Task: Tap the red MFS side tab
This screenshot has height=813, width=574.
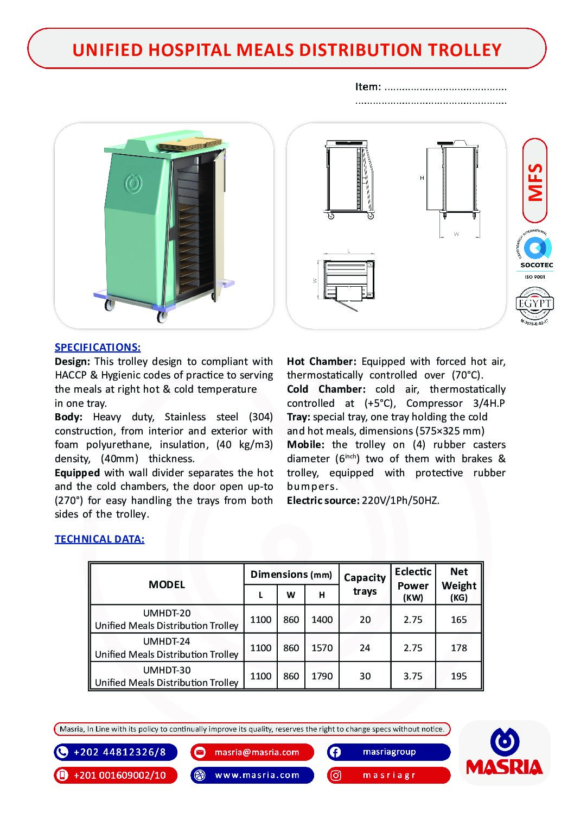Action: click(535, 181)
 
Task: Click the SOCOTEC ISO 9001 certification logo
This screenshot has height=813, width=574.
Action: click(535, 254)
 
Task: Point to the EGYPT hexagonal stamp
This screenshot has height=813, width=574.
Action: click(534, 305)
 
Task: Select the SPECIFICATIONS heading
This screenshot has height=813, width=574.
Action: click(98, 348)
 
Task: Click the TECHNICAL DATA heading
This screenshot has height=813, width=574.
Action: click(99, 539)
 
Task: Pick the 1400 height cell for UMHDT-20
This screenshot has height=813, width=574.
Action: click(322, 620)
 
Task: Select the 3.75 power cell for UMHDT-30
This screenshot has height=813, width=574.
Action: click(413, 676)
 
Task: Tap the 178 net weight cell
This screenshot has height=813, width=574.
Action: click(458, 648)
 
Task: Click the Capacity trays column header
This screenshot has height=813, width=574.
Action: click(365, 584)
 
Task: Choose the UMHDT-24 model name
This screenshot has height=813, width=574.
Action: click(167, 641)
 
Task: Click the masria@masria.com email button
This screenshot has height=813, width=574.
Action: click(252, 752)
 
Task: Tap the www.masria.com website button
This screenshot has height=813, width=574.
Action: click(252, 775)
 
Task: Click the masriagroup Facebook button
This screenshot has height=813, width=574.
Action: click(388, 752)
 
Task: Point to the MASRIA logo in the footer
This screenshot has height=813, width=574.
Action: click(505, 753)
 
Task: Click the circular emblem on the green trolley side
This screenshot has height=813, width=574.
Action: click(133, 184)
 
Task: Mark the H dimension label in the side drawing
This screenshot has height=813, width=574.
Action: click(422, 178)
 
